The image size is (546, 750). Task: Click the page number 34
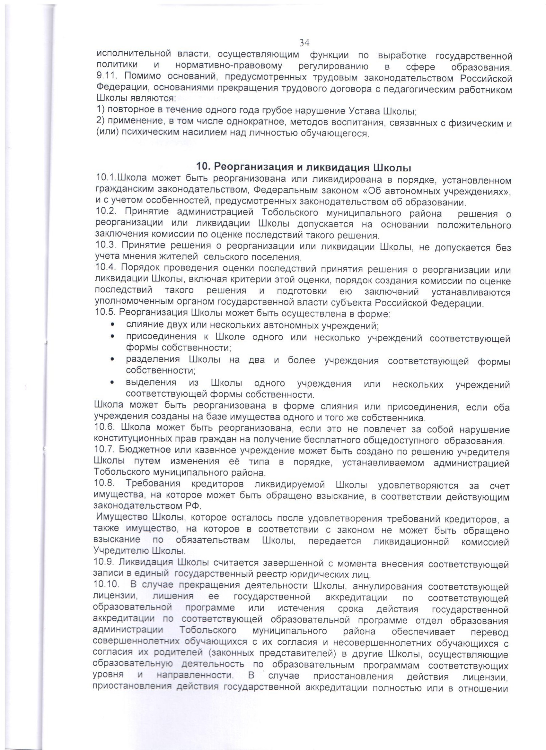[x=304, y=43]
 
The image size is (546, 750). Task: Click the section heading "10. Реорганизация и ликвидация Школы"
[x=304, y=168]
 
